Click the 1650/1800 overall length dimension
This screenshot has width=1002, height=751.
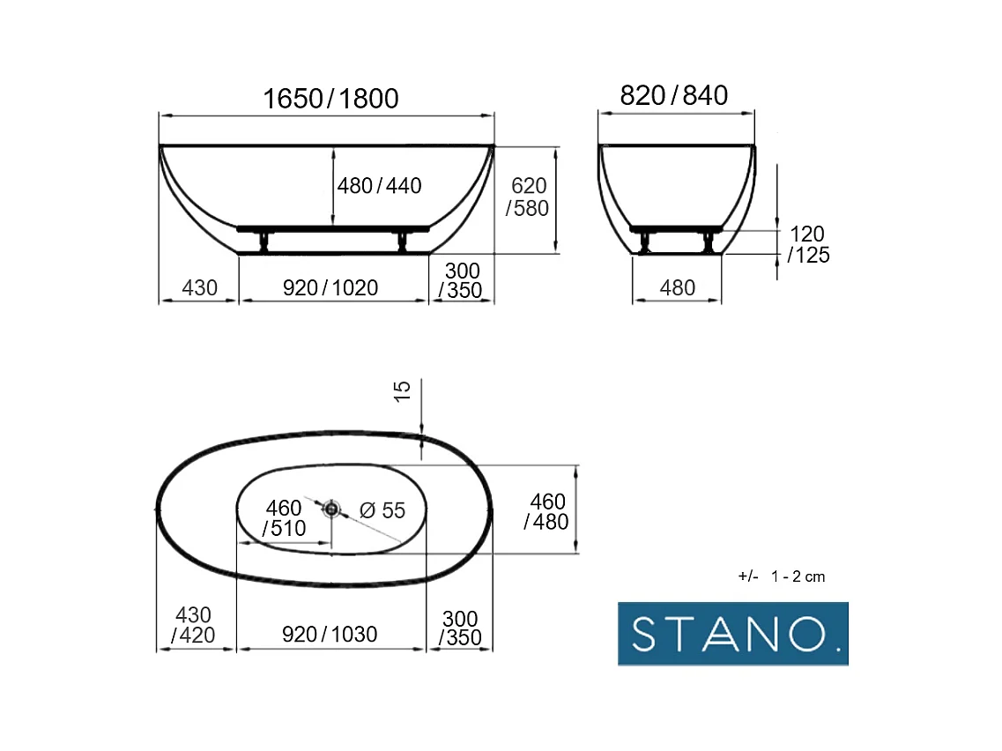331,99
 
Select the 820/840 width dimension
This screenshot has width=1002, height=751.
673,95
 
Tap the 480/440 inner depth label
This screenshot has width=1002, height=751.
379,185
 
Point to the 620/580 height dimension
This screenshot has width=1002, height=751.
528,197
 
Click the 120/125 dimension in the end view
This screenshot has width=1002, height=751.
808,244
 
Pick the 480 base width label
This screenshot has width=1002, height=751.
678,287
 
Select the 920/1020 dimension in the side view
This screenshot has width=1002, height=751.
330,287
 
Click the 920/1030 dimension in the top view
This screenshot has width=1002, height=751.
330,634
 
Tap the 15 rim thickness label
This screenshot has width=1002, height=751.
402,391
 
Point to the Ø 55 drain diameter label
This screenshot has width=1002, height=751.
382,510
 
